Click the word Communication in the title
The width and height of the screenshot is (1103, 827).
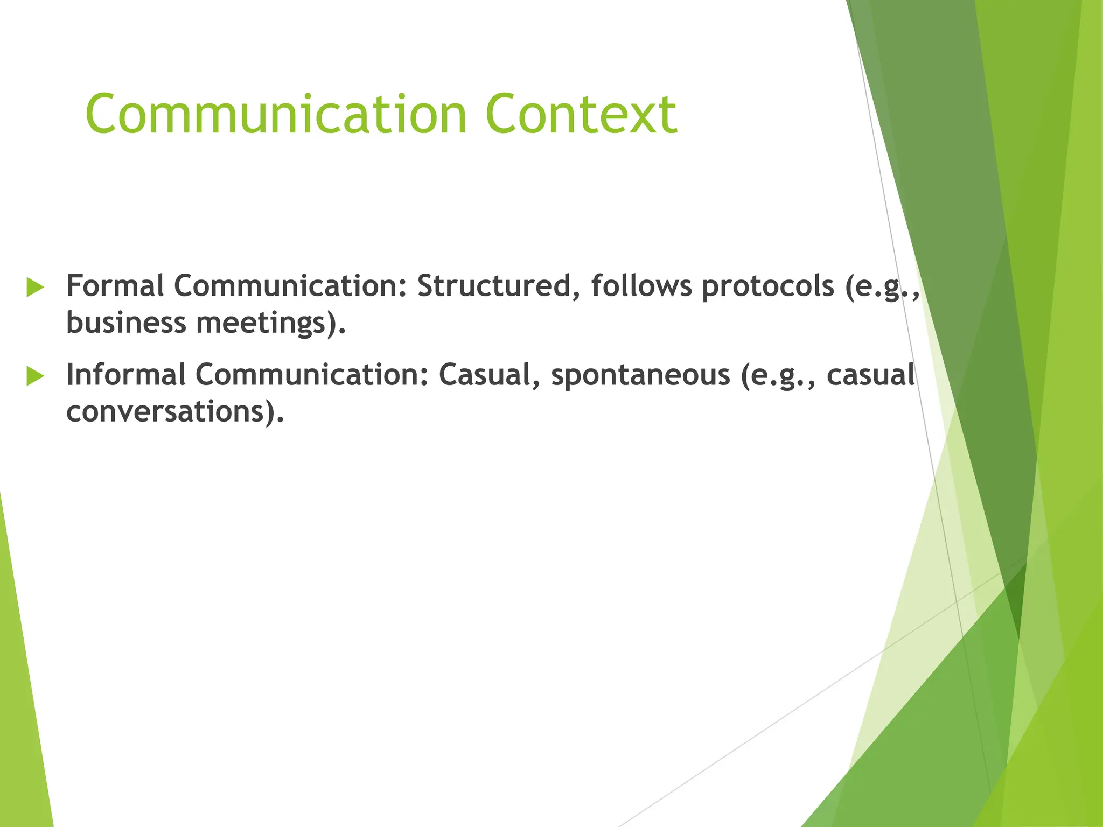276,114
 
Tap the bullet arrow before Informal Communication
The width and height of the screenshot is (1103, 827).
35,376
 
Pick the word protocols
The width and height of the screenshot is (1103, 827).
767,286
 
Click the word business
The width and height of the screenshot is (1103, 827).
126,323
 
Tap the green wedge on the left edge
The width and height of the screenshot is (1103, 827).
22,700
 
